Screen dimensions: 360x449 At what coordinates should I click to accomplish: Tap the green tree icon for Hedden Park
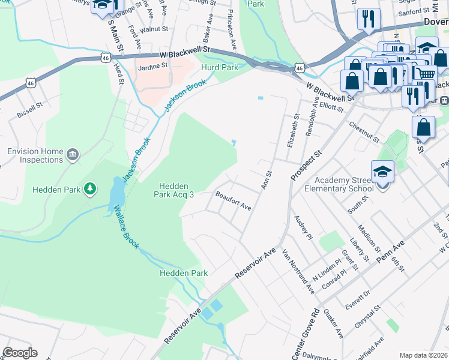coord(90,190)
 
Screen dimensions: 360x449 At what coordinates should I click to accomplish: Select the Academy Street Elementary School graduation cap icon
coord(382,173)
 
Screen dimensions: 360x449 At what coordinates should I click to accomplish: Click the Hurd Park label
coord(220,68)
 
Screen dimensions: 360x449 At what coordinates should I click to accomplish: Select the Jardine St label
coord(152,67)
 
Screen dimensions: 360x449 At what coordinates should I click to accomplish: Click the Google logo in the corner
coord(20,353)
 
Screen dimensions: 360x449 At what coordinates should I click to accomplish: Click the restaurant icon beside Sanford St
coord(368,19)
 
